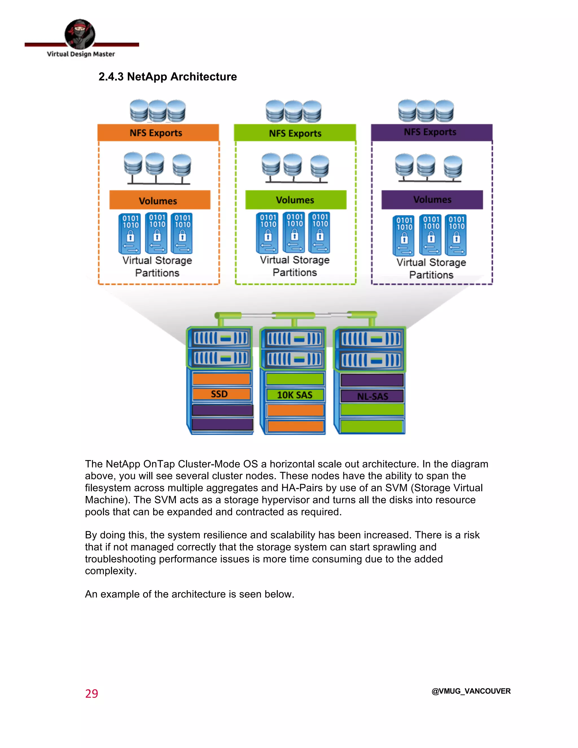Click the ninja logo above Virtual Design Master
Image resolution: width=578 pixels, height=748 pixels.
(80, 34)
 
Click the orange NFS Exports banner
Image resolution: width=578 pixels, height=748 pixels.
(158, 133)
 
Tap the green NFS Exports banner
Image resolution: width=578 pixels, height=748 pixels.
(295, 133)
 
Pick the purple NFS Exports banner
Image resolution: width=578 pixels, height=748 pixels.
(432, 132)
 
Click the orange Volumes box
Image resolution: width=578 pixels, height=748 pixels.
(159, 200)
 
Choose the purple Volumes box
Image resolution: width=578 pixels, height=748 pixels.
(432, 200)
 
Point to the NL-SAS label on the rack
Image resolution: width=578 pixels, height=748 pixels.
(372, 397)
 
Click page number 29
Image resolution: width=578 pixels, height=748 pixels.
(91, 694)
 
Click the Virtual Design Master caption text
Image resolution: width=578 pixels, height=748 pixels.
(81, 54)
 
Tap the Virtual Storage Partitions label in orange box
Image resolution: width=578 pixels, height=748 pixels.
(157, 266)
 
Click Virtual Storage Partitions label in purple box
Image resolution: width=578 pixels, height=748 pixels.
(431, 268)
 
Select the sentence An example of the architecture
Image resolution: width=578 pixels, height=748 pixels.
(189, 594)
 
